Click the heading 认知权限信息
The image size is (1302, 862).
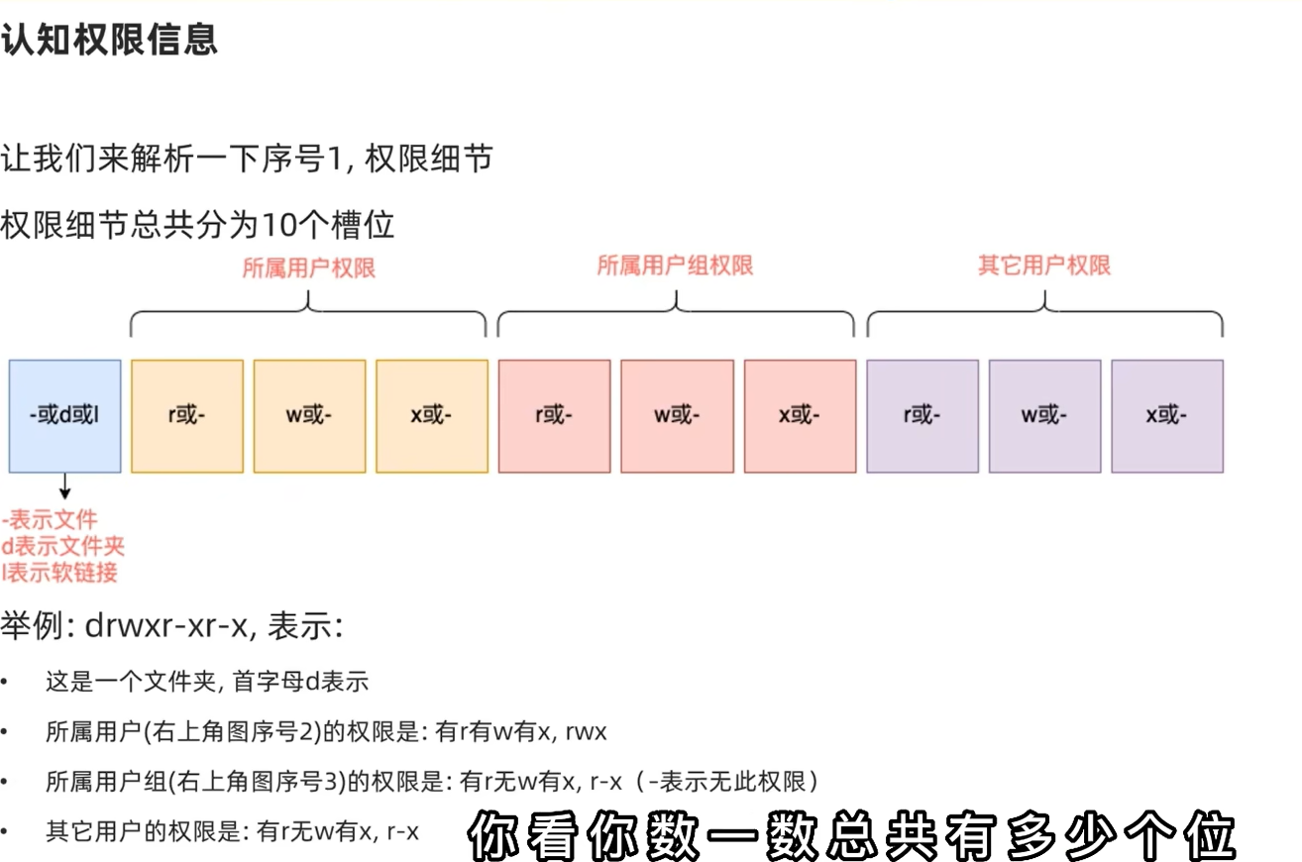pos(109,41)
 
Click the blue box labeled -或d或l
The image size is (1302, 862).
pos(65,415)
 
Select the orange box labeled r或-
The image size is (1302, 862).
pos(187,415)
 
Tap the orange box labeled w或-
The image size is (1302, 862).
pos(309,415)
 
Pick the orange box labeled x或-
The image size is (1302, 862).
pos(432,415)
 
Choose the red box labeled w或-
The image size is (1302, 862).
pos(678,415)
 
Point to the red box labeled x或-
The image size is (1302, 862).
pos(800,415)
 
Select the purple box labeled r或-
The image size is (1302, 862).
pos(922,415)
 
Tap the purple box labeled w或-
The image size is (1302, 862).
pos(1044,415)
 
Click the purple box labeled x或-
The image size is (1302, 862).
pos(1167,415)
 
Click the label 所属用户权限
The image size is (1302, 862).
pos(309,269)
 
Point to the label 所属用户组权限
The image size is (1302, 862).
pos(675,266)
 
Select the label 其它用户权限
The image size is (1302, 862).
pos(1044,266)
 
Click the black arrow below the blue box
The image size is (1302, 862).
pos(65,485)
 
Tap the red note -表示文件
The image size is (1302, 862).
pos(51,518)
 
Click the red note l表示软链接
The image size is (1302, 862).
pos(60,572)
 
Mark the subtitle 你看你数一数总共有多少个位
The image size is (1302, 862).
pos(853,837)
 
